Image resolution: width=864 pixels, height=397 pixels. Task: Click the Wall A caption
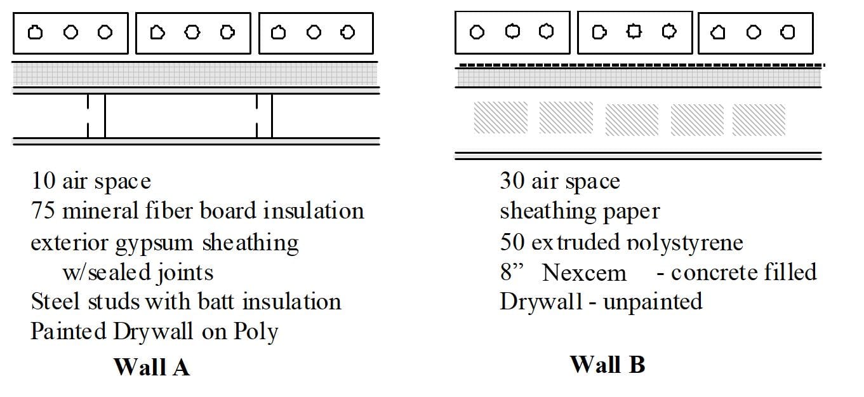(151, 367)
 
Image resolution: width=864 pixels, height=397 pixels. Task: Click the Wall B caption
(607, 365)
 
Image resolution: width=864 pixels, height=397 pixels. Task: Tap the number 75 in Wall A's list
(43, 211)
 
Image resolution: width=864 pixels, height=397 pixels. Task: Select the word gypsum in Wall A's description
(158, 243)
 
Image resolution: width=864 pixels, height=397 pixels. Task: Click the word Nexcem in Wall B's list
(584, 273)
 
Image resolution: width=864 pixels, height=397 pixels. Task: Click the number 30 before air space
(512, 182)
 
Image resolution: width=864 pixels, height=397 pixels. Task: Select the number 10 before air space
(43, 182)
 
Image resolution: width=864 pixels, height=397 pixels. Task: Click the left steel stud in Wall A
(96, 116)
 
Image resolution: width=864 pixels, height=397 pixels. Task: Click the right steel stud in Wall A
(264, 116)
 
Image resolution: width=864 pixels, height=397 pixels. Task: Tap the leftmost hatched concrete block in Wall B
(500, 118)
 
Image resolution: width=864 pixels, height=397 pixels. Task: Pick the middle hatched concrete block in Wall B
(631, 119)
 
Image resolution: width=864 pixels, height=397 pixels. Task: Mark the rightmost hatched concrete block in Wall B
(759, 119)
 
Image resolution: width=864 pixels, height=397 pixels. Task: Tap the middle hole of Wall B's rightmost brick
(754, 32)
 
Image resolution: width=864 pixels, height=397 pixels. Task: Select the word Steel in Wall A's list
(49, 302)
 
